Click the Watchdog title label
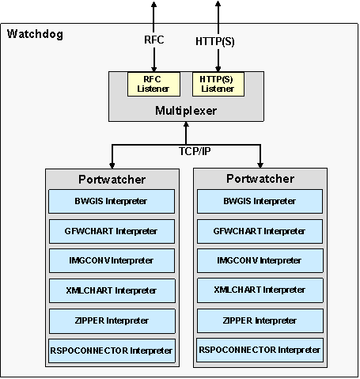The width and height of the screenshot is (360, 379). pyautogui.click(x=35, y=34)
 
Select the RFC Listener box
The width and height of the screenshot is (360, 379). pyautogui.click(x=153, y=84)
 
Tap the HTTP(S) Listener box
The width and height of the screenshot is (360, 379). pyautogui.click(x=218, y=84)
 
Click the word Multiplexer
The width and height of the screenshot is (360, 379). pyautogui.click(x=186, y=111)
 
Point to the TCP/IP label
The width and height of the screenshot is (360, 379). pyautogui.click(x=195, y=151)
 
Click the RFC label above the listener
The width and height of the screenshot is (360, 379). pyautogui.click(x=154, y=40)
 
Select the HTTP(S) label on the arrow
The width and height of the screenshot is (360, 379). pyautogui.click(x=215, y=41)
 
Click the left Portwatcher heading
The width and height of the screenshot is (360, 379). pyautogui.click(x=112, y=180)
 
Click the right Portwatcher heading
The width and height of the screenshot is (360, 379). pyautogui.click(x=260, y=179)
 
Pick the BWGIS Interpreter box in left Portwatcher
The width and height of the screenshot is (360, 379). pyautogui.click(x=112, y=201)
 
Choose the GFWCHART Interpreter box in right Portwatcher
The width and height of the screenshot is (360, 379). pyautogui.click(x=260, y=231)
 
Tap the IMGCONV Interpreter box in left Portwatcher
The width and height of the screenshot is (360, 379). pyautogui.click(x=112, y=261)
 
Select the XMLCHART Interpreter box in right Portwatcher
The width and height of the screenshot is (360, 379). pyautogui.click(x=260, y=290)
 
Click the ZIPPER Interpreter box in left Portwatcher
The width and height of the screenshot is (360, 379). pyautogui.click(x=112, y=321)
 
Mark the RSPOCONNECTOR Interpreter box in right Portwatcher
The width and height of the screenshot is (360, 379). pyautogui.click(x=260, y=350)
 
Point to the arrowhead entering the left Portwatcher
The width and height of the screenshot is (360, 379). pyautogui.click(x=112, y=165)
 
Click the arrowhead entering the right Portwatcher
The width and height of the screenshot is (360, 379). pyautogui.click(x=260, y=165)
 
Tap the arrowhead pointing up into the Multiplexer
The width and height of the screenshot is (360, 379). pyautogui.click(x=186, y=125)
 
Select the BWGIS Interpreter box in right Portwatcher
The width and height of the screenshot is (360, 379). pyautogui.click(x=260, y=201)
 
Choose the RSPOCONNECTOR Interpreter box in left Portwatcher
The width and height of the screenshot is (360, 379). pyautogui.click(x=112, y=351)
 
